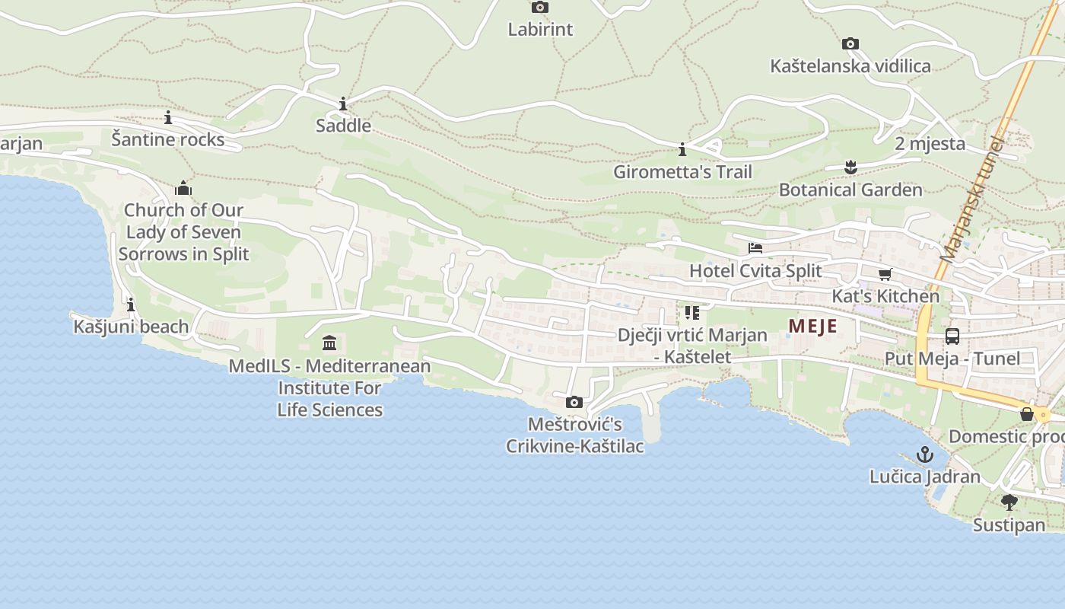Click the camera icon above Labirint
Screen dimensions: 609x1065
[539, 8]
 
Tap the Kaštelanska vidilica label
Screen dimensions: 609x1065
[850, 66]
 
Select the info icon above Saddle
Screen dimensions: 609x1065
[343, 104]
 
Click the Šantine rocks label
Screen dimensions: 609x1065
[168, 139]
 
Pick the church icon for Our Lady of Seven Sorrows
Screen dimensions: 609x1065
[183, 188]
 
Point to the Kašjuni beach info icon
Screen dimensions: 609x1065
[131, 305]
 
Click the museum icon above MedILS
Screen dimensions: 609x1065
[329, 343]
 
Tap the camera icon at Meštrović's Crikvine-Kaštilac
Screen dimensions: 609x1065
[574, 402]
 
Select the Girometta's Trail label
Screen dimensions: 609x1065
[682, 172]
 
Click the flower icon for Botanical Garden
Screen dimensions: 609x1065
[850, 167]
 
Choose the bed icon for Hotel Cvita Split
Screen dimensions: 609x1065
[755, 248]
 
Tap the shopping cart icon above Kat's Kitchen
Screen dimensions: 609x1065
[885, 274]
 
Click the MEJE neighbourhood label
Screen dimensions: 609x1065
[812, 327]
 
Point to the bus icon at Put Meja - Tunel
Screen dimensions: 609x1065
[952, 336]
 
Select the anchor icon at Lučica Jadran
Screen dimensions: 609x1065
[925, 455]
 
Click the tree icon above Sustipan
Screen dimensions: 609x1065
[1009, 502]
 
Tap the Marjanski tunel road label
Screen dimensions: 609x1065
[973, 199]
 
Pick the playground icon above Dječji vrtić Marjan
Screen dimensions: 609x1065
[691, 313]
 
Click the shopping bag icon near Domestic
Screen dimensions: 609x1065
[1027, 414]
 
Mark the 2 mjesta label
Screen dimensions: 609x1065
[930, 144]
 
